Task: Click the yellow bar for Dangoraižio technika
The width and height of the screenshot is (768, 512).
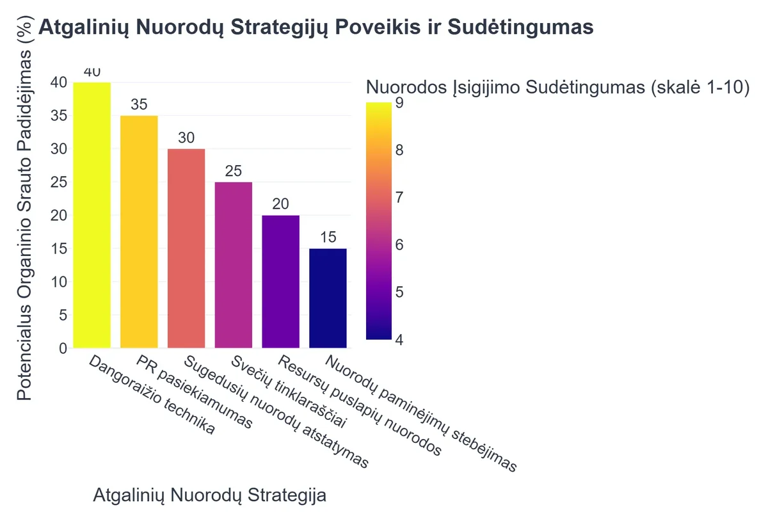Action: coord(92,215)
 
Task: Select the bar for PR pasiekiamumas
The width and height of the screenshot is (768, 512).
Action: coord(139,232)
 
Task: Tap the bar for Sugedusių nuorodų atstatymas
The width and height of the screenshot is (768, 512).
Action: coord(186,248)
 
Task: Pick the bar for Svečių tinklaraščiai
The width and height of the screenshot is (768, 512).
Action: coord(234,265)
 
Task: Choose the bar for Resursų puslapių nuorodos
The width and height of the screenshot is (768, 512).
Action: coord(280,282)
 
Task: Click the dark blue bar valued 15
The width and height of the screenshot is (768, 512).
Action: coord(328,298)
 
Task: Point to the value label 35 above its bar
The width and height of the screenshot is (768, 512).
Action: coord(139,105)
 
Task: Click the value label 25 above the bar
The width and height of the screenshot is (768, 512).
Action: coord(234,172)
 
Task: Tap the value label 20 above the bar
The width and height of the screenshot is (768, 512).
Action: coord(280,205)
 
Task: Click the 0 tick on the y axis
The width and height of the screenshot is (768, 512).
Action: coord(62,348)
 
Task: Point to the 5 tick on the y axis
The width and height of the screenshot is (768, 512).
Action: coord(62,315)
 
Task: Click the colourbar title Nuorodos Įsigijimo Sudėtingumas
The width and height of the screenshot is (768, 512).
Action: coord(557,88)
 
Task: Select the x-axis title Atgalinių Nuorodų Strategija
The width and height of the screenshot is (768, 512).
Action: coord(210,495)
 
